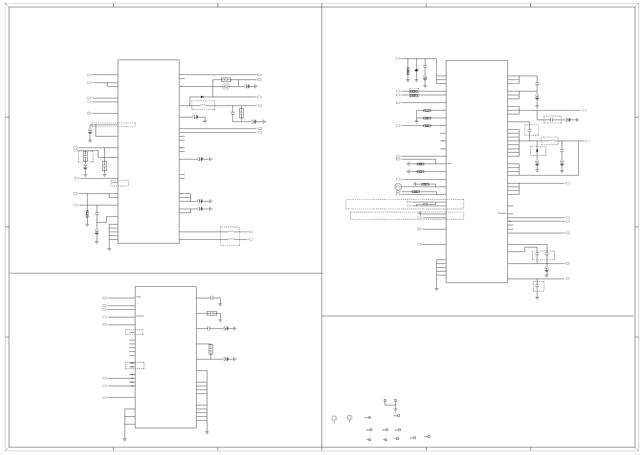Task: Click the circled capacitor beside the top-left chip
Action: (x=226, y=86)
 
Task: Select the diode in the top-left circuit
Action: (x=202, y=97)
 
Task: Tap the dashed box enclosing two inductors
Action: (x=230, y=236)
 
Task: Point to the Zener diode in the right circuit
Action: (x=416, y=70)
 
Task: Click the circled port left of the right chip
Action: (x=398, y=187)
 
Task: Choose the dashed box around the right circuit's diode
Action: (x=538, y=151)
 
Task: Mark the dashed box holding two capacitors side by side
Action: (x=543, y=255)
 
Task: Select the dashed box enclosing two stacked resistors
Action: (x=414, y=93)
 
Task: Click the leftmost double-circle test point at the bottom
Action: (x=334, y=418)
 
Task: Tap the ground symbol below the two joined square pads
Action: (x=395, y=410)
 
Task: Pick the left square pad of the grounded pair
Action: (x=385, y=400)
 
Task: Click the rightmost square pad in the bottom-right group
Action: (x=429, y=436)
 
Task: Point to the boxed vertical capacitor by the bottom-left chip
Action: (x=210, y=349)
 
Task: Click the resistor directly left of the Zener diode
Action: (x=408, y=71)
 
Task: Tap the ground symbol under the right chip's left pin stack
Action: (x=436, y=289)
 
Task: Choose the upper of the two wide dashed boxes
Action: (x=405, y=204)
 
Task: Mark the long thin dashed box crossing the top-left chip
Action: (x=113, y=125)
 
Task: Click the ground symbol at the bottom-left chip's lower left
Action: (x=125, y=440)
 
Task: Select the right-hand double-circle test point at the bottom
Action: (x=349, y=417)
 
